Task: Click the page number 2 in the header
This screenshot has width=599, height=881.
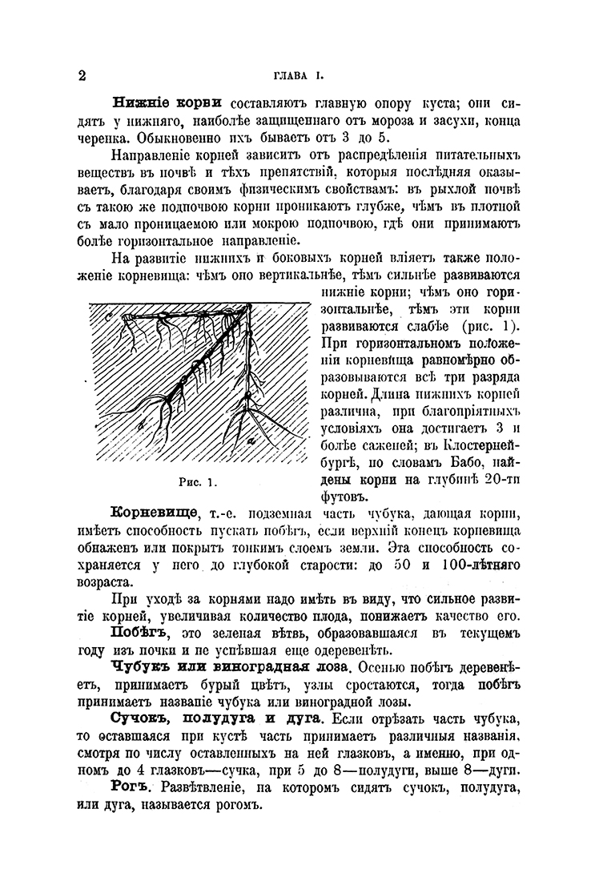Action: tap(82, 77)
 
